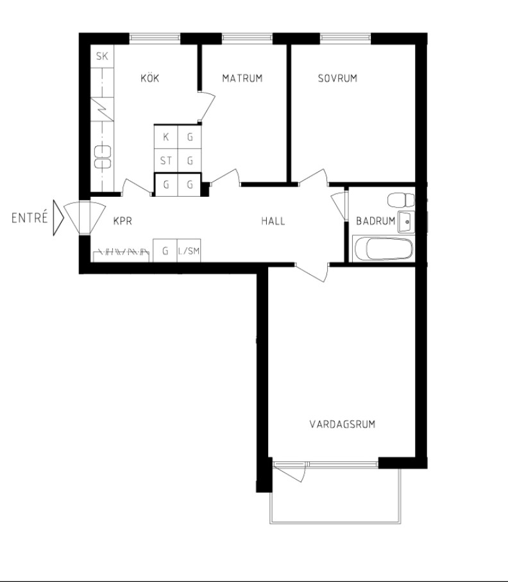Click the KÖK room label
150,78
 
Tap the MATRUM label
242,78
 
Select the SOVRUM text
337,78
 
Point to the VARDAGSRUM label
342,424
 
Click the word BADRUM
375,221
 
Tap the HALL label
273,221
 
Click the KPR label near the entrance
123,221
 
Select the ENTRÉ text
30,217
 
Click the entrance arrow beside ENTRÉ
58,217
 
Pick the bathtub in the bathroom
383,248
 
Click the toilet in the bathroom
401,200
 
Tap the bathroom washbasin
406,222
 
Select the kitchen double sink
103,157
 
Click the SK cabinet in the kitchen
102,56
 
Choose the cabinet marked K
166,137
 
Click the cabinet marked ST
166,161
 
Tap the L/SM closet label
189,251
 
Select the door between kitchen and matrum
207,106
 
